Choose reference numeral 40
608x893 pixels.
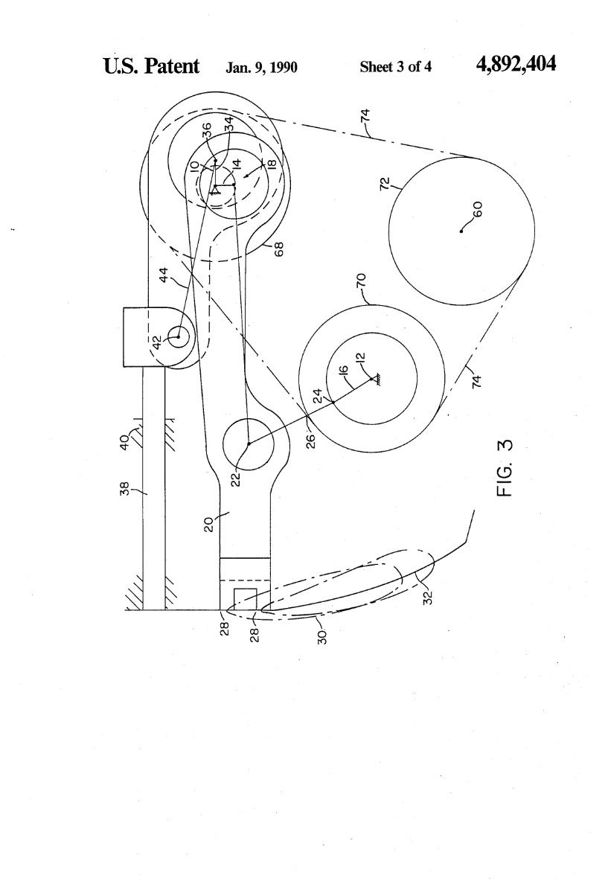[x=127, y=444]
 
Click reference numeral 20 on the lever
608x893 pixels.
[x=210, y=523]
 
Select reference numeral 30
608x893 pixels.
[x=321, y=636]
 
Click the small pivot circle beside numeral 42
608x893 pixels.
[x=179, y=337]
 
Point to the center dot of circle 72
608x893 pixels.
[x=461, y=231]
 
